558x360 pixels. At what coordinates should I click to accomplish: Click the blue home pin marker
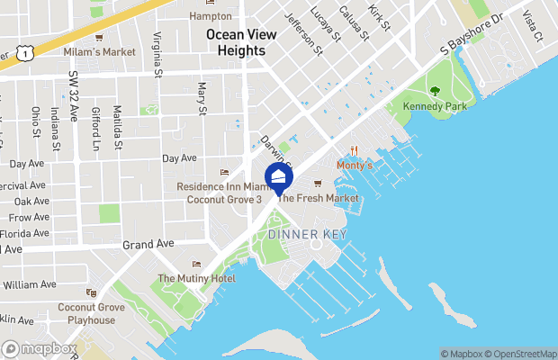coord(279,177)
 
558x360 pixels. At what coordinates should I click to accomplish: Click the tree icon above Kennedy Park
coord(435,91)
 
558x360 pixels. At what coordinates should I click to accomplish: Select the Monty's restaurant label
coord(354,166)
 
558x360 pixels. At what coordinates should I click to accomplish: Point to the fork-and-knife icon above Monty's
coord(355,151)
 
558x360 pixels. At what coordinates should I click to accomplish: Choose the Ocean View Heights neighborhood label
coord(236,42)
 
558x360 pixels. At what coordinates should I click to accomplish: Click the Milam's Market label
coord(99,52)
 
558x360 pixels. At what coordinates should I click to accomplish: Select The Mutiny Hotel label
coord(196,279)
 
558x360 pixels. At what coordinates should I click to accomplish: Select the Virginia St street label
coord(157,54)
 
